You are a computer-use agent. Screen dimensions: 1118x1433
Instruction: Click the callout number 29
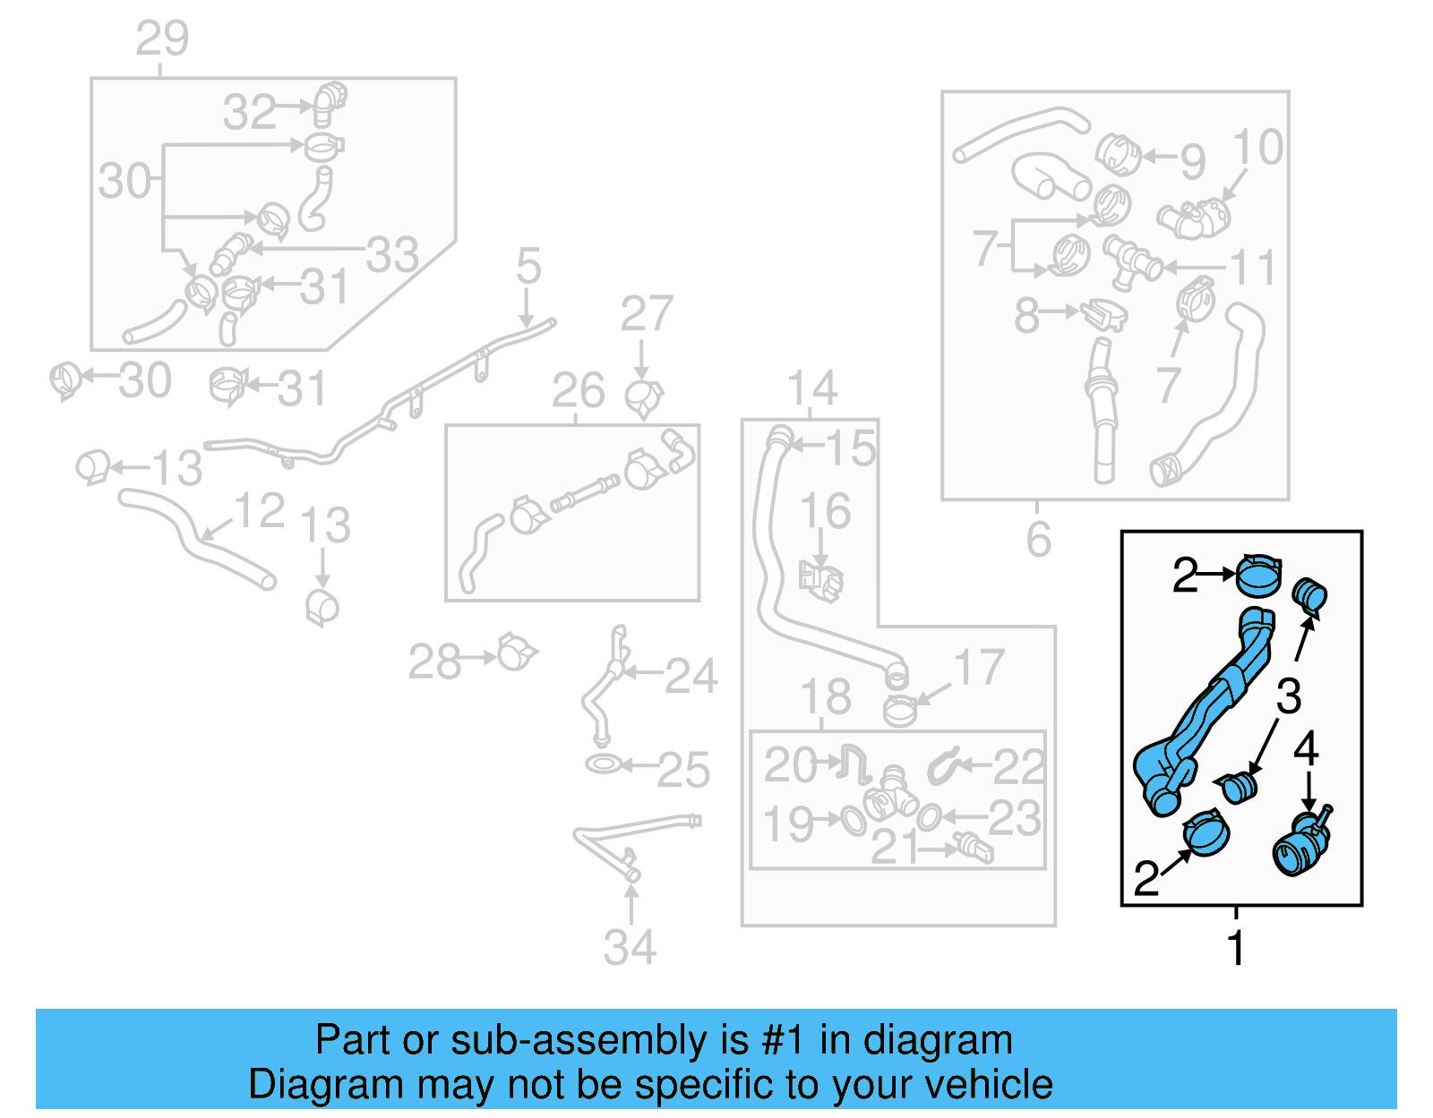click(x=162, y=38)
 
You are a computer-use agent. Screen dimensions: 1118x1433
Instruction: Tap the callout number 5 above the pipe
click(x=528, y=267)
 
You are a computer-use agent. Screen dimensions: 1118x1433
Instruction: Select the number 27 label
click(x=646, y=314)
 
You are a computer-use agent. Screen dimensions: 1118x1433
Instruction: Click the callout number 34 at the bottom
click(x=630, y=948)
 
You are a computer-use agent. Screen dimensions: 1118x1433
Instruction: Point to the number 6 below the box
click(x=1038, y=540)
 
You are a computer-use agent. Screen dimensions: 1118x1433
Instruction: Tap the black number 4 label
click(x=1306, y=748)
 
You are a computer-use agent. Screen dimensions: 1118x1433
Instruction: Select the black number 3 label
click(x=1288, y=696)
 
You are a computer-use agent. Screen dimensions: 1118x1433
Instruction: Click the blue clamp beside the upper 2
click(x=1258, y=574)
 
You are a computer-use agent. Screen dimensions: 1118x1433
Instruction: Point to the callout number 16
click(x=825, y=511)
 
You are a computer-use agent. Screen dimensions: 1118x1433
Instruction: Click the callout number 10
click(x=1257, y=147)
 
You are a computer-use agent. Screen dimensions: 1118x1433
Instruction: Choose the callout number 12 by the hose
click(x=259, y=511)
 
